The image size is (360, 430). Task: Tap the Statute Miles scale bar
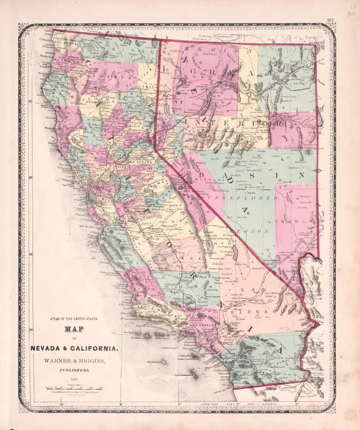coord(74,388)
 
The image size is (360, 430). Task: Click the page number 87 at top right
coord(330,20)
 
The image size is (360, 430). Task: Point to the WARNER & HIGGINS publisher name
coord(74,361)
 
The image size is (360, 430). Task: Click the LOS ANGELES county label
coord(204,325)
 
